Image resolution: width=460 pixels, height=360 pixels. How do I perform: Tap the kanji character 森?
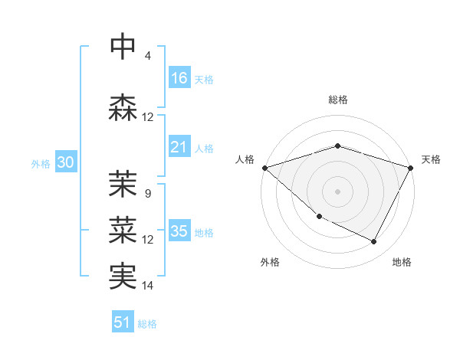123,107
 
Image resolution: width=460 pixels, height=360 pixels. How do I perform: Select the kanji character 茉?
123,183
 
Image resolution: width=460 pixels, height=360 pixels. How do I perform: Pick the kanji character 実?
123,276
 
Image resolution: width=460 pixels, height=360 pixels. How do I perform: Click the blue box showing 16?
179,78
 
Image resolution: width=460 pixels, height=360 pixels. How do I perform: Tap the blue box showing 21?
179,147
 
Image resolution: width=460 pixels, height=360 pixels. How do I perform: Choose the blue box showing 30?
65,163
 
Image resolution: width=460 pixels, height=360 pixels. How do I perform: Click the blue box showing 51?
123,323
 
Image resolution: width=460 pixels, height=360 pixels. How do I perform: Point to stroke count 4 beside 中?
148,56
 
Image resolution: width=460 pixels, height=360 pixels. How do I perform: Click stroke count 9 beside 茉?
148,193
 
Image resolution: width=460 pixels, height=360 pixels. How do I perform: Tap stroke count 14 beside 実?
148,286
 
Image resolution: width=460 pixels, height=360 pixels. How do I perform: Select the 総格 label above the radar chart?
337,100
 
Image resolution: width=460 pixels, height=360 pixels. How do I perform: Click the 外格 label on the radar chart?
270,262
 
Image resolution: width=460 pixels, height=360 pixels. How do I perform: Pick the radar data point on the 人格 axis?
264,167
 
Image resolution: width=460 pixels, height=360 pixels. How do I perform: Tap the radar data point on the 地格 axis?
374,242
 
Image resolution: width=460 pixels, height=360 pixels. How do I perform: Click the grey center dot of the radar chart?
337,191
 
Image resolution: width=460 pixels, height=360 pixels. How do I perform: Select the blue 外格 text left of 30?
41,164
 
